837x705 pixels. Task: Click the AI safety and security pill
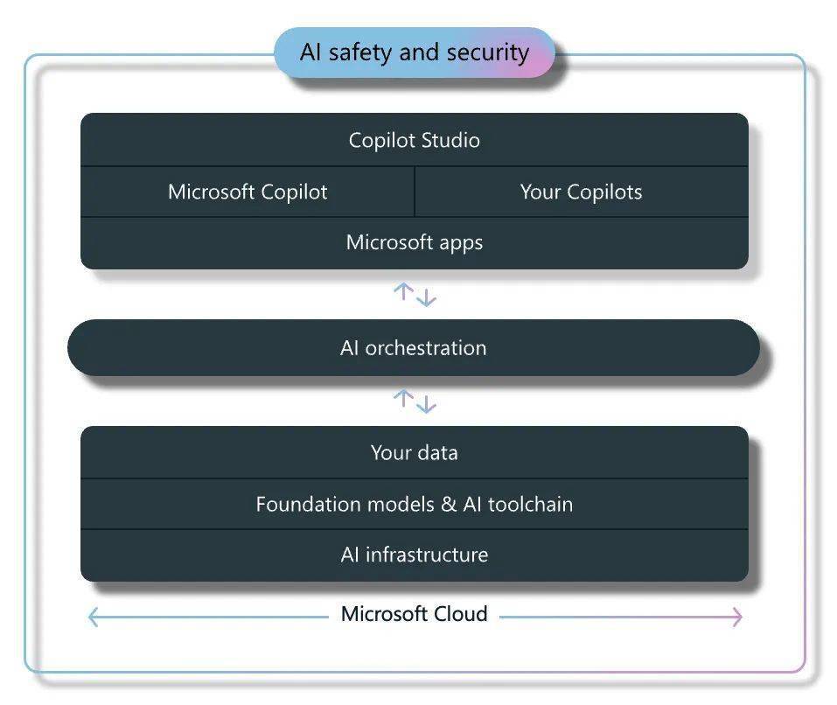tap(415, 52)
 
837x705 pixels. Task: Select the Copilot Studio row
tap(415, 140)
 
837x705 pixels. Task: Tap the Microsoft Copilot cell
tap(248, 192)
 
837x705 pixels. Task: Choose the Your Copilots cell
tap(582, 192)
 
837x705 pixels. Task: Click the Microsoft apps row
tap(415, 243)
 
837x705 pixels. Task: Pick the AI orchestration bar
tap(414, 348)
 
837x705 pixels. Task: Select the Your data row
tap(415, 452)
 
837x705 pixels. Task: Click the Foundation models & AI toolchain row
tap(415, 504)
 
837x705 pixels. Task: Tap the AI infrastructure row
tap(415, 555)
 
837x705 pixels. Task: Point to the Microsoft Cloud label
tap(415, 614)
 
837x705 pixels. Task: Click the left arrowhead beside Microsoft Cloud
tap(93, 617)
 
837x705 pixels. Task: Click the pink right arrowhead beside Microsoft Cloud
tap(737, 617)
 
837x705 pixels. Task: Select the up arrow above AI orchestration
tap(403, 291)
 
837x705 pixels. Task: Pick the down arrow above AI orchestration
tap(426, 297)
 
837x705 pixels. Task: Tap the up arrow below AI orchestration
tap(403, 398)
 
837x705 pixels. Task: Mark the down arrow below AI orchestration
tap(426, 404)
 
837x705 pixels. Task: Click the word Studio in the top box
tap(450, 140)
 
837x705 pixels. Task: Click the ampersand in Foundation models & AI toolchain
tap(449, 505)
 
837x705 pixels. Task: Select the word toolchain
tap(530, 505)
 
